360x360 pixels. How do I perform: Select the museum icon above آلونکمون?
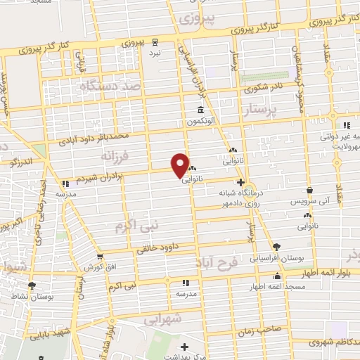202,111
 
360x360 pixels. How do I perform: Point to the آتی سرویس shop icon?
310,189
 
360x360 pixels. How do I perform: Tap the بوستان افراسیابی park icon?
277,246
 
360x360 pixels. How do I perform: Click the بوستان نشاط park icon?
31,285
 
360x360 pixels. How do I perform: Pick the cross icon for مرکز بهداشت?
184,347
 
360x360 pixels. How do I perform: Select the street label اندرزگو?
22,162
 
